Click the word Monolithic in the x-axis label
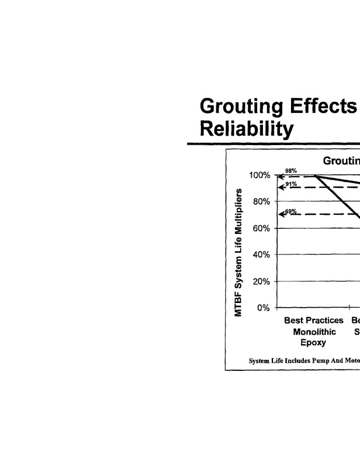tap(314, 332)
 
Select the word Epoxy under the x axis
tap(314, 343)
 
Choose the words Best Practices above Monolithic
tap(314, 321)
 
